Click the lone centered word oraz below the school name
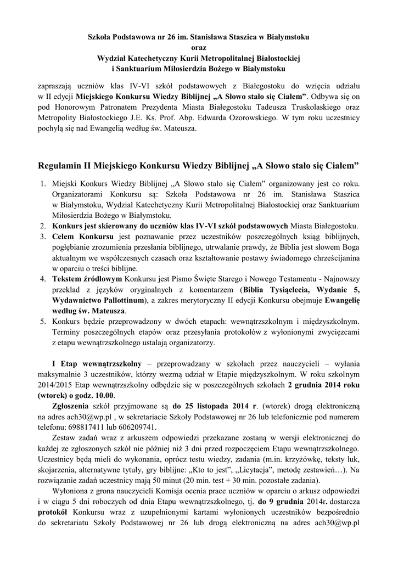199,47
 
